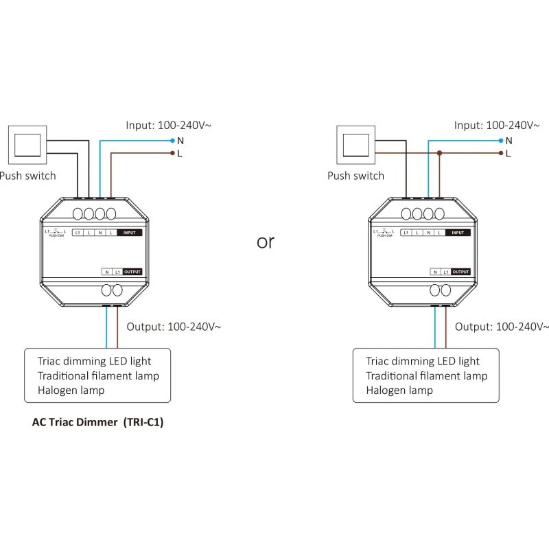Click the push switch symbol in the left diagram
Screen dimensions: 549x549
pyautogui.click(x=27, y=145)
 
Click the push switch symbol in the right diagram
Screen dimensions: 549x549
pyautogui.click(x=355, y=145)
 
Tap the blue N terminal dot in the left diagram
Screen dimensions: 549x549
pyautogui.click(x=172, y=140)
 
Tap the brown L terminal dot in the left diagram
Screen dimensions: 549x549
pyautogui.click(x=172, y=153)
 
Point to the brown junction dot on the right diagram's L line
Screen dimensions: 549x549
pyautogui.click(x=439, y=153)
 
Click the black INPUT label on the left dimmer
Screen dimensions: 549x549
pyautogui.click(x=129, y=233)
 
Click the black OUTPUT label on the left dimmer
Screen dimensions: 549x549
pyautogui.click(x=133, y=272)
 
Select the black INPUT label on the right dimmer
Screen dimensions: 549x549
pyautogui.click(x=458, y=233)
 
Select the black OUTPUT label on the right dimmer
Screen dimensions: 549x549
pyautogui.click(x=461, y=272)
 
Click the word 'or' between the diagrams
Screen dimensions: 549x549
pyautogui.click(x=265, y=242)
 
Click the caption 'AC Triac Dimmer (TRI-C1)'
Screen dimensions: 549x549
pyautogui.click(x=97, y=423)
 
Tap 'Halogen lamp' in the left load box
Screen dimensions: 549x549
pyautogui.click(x=71, y=390)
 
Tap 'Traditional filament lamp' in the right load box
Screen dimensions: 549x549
pyautogui.click(x=426, y=376)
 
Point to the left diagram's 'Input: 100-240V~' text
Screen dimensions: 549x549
pyautogui.click(x=168, y=125)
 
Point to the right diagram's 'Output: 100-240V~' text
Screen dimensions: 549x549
pyautogui.click(x=502, y=327)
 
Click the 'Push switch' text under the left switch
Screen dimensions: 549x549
pyautogui.click(x=27, y=176)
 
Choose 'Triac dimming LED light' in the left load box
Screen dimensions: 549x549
pyautogui.click(x=94, y=362)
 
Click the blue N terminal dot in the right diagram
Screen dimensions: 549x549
pyautogui.click(x=500, y=140)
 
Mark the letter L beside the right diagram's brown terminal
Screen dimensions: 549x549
pyautogui.click(x=509, y=154)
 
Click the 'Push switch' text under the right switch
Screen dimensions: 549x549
pyautogui.click(x=355, y=176)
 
